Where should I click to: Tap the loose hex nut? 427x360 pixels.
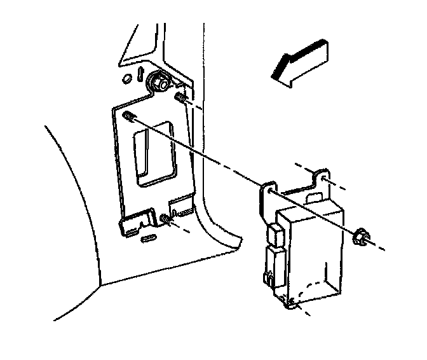point(359,238)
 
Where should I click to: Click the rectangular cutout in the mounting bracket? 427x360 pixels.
point(152,153)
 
